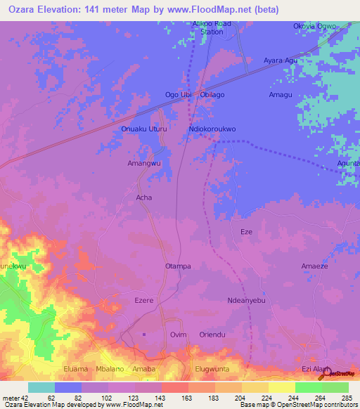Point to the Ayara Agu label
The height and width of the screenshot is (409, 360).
pos(281,60)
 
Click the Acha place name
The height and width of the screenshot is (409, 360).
pos(143,197)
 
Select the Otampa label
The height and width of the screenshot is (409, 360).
pos(178,266)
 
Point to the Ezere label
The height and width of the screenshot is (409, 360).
pos(143,301)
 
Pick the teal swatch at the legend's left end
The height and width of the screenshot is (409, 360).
pos(41,387)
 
